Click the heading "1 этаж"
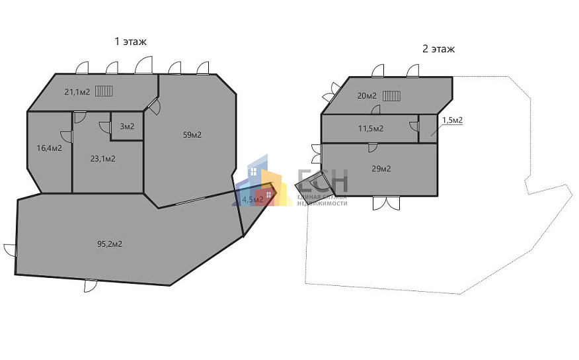130,42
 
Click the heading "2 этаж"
439,49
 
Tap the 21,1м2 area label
77,92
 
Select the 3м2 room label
127,126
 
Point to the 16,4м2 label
49,148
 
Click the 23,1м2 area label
103,159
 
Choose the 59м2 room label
192,135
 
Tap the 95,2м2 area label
110,244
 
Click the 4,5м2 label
252,200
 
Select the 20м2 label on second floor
367,96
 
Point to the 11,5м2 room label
371,128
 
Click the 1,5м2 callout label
453,120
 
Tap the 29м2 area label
381,169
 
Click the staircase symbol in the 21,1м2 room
104,91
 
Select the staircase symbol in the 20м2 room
391,96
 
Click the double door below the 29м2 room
386,203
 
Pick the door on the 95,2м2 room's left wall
11,250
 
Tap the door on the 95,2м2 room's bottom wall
91,285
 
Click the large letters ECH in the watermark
323,181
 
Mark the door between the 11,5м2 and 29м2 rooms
373,147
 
